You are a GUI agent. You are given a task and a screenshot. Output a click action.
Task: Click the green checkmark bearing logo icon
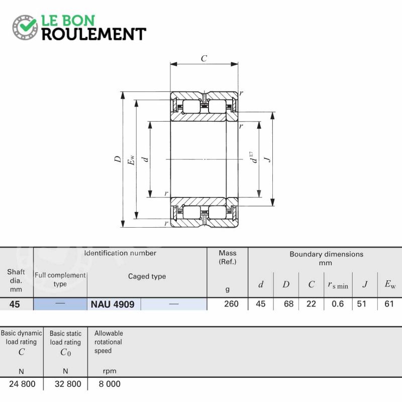(x=25, y=27)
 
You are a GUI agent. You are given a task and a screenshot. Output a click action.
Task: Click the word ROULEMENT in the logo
(x=94, y=34)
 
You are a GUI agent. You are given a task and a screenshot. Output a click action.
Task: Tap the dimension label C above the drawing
(x=204, y=58)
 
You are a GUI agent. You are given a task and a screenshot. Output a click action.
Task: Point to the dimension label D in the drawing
(x=118, y=159)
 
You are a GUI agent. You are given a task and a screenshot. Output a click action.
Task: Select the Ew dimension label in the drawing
(x=131, y=160)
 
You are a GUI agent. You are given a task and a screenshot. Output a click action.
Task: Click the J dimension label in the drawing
(x=268, y=159)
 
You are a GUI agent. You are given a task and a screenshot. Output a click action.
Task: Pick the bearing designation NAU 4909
(x=113, y=305)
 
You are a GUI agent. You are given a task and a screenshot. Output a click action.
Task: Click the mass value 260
(x=231, y=304)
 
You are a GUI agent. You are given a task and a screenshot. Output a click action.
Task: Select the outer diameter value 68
(x=288, y=304)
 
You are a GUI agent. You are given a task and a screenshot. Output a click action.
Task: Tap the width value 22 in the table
(x=311, y=304)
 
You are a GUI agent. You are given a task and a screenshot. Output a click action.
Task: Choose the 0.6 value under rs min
(x=338, y=304)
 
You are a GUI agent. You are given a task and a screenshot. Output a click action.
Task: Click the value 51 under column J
(x=361, y=304)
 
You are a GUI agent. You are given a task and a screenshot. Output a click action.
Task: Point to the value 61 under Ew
(x=389, y=304)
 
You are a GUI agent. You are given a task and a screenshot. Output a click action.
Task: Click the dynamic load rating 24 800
(x=22, y=384)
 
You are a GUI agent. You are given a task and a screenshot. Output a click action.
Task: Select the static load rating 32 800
(x=68, y=384)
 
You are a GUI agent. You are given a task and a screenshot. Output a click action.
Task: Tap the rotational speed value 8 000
(x=110, y=384)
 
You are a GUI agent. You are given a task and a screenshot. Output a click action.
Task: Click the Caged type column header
(x=147, y=276)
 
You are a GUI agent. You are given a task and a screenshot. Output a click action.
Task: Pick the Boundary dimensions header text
(x=326, y=254)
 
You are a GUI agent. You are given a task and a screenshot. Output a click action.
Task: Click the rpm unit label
(x=110, y=371)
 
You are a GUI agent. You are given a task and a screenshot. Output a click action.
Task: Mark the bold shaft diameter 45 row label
(x=15, y=305)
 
